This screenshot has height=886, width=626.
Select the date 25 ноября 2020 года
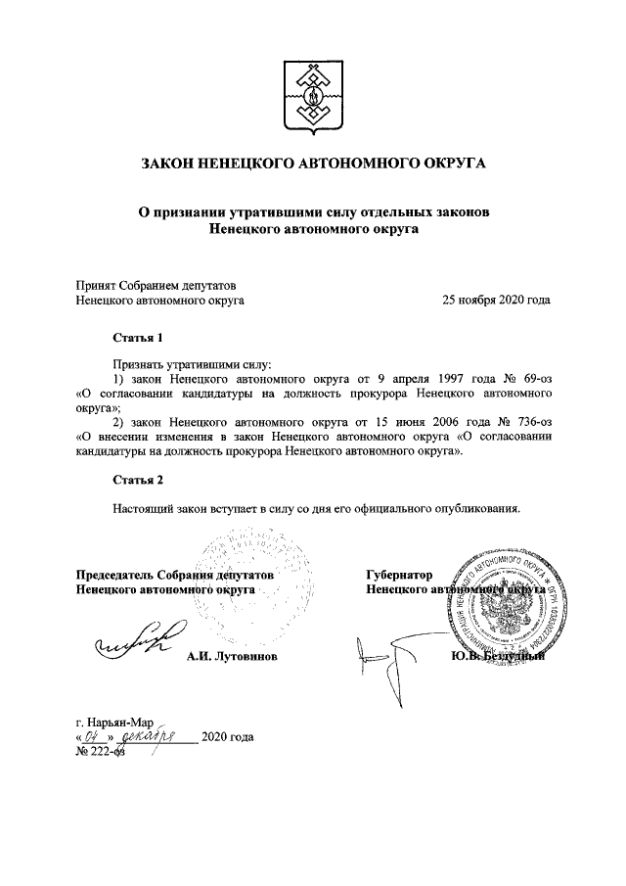coord(496,301)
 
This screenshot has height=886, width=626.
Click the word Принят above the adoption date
coord(98,284)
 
